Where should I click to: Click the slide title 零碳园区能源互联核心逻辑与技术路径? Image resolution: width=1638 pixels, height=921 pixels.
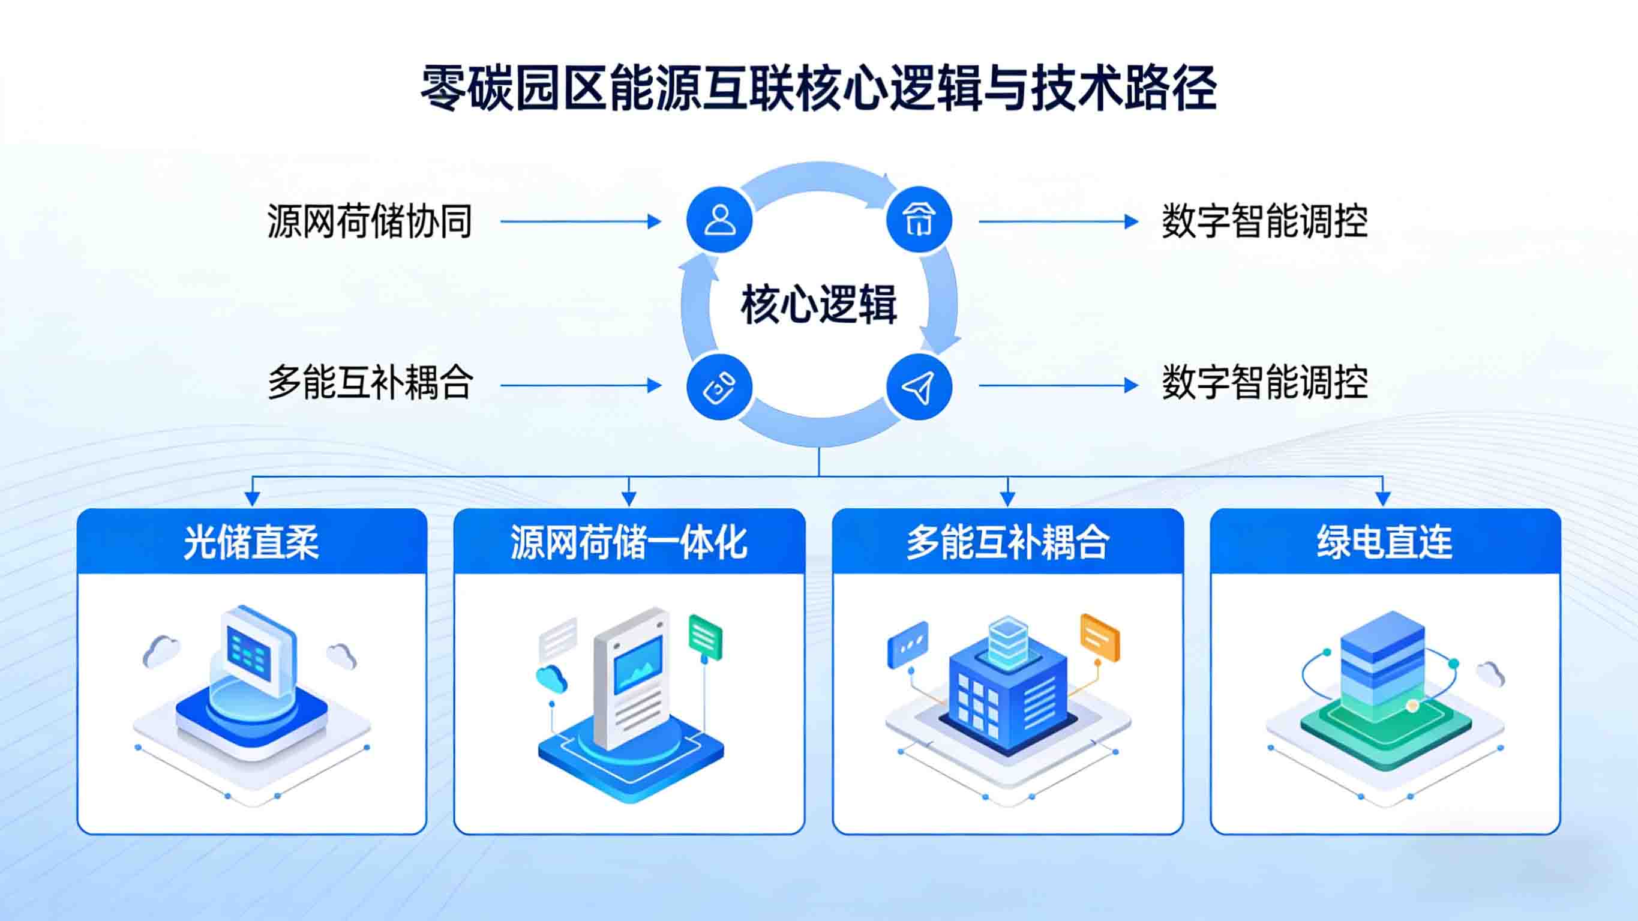coord(818,89)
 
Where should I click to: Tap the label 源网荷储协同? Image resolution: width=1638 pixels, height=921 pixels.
coord(370,221)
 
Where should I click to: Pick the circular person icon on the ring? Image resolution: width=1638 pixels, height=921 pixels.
coord(719,220)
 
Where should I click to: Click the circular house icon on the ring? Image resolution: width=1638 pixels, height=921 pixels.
coord(919,220)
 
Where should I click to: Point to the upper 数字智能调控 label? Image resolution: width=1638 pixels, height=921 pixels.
coord(1265,221)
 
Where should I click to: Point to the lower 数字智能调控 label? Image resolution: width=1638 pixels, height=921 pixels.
coord(1265,383)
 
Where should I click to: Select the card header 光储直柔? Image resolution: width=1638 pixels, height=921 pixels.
coord(251,542)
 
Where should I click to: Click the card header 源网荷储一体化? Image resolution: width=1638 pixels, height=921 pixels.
coord(629,542)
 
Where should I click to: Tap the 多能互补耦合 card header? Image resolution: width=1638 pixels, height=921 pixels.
coord(1007,542)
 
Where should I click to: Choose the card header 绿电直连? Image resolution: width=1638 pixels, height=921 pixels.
coord(1385,542)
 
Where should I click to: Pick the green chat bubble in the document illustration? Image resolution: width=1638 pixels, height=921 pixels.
coord(705,637)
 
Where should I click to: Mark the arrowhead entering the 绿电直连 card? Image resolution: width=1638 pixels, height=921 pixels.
coord(1382,499)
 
